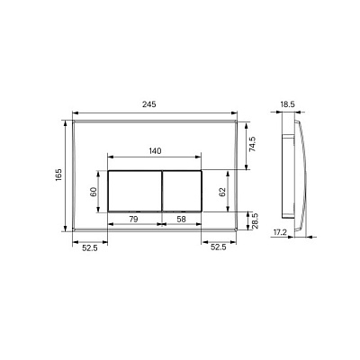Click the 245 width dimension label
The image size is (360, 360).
pos(149,104)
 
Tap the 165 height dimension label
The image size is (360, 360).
pos(58,175)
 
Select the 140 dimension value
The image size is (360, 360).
pos(155,150)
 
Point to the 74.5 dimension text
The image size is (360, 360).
pos(252,144)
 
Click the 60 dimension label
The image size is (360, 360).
pos(94,192)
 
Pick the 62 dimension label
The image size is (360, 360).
pos(222,192)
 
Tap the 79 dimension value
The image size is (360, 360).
pos(133,220)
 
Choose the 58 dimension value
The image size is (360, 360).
pos(181,220)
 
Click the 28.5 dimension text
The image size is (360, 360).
pos(255,221)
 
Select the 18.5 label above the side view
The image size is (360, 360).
pos(288,104)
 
